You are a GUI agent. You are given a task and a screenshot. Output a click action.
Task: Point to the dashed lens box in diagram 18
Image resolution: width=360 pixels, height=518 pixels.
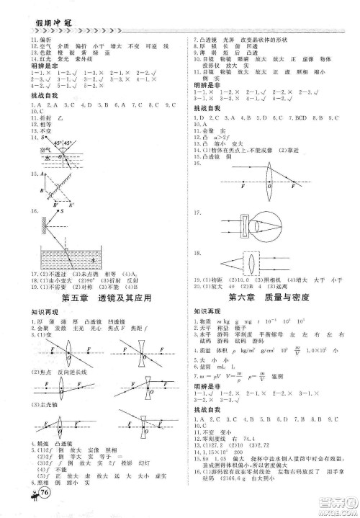pyautogui.click(x=251, y=263)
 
